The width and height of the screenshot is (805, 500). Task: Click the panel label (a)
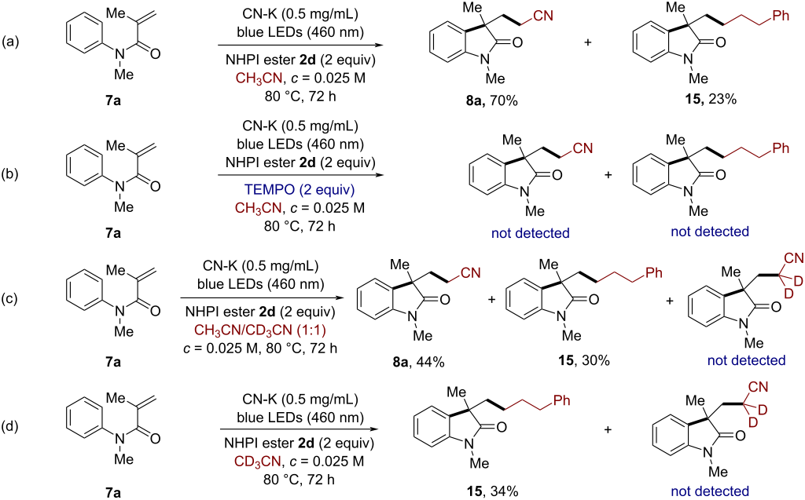tap(11, 42)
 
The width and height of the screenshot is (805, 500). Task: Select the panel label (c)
tap(11, 298)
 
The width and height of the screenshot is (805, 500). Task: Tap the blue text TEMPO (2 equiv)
tap(300, 190)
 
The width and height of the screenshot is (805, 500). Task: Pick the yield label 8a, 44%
tap(418, 362)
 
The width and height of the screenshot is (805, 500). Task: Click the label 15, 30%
tap(584, 360)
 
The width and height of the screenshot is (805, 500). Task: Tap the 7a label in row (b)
tap(113, 233)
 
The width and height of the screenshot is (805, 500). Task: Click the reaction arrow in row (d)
tap(301, 429)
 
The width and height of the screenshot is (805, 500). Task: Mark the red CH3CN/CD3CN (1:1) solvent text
tap(260, 329)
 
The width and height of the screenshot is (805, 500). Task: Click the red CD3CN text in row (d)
tap(258, 462)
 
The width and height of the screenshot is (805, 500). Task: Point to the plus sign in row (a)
tap(588, 42)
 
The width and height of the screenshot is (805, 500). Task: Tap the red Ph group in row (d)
tap(562, 400)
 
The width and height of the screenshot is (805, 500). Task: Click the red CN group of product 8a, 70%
tap(543, 16)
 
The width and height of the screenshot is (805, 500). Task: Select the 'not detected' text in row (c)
tap(747, 360)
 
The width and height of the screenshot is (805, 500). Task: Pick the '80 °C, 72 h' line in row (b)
tap(300, 225)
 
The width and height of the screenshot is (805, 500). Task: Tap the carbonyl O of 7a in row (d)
tap(155, 439)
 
